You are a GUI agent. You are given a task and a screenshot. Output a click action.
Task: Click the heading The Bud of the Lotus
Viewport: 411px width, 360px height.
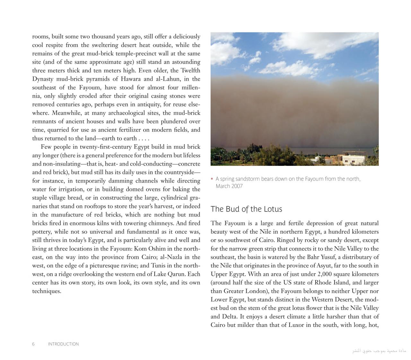tap(246, 209)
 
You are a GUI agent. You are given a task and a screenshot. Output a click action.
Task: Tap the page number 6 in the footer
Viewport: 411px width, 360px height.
tap(33, 344)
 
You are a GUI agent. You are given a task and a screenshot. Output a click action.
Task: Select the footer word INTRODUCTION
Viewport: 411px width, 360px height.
tap(63, 344)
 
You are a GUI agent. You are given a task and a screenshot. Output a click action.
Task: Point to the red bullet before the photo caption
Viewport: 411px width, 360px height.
tap(212, 179)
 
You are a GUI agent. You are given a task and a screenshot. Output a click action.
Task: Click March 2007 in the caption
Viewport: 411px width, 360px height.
tap(229, 186)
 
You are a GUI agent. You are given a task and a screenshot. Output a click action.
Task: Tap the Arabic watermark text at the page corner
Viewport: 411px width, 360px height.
tap(379, 350)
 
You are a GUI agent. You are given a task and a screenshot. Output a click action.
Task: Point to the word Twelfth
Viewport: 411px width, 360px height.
tap(190, 71)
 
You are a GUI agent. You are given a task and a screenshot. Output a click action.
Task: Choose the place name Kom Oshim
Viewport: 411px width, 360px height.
tap(149, 249)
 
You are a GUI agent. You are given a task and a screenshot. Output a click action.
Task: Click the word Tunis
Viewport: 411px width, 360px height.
tap(158, 266)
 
